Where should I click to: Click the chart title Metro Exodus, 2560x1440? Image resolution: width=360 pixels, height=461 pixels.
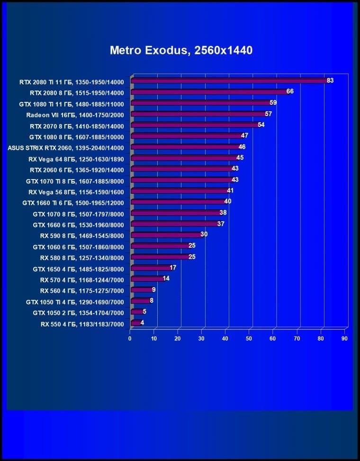point(181,50)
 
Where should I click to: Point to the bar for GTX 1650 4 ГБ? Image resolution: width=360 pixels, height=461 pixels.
point(150,268)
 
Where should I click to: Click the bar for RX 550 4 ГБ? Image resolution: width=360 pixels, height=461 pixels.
point(135,324)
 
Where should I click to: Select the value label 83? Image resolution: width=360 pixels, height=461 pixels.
point(330,81)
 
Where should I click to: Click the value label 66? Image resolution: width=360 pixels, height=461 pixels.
point(290,91)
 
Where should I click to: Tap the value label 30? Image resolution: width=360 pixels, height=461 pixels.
point(204,235)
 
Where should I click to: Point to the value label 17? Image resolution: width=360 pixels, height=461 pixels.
point(173,268)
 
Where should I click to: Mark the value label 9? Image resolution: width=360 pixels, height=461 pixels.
point(153,289)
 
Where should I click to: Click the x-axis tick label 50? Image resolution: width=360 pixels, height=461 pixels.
point(249,338)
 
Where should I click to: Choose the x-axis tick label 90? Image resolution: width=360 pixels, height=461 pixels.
point(344,338)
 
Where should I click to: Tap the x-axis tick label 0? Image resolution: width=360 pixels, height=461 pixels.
point(130,338)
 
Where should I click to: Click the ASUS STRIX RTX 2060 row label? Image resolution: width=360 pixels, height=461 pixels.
point(66,147)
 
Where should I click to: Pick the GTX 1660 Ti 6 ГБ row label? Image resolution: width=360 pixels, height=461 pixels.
point(73,202)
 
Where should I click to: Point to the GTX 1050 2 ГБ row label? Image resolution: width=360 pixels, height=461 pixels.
point(78,313)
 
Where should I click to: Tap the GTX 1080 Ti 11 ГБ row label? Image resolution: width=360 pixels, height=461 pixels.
point(71,104)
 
